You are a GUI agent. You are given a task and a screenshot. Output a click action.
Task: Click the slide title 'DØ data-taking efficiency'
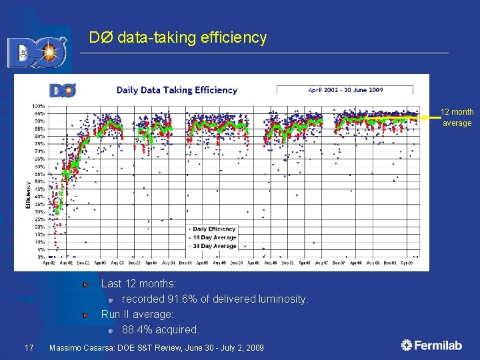[x=178, y=38]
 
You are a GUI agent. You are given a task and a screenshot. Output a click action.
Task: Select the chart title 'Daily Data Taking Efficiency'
[x=177, y=90]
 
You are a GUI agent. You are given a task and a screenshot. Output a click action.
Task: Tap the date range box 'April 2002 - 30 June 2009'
[x=344, y=89]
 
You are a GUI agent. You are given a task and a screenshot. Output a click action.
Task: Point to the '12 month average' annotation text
[x=457, y=117]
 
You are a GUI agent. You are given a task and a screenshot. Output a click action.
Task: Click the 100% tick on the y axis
[x=39, y=106]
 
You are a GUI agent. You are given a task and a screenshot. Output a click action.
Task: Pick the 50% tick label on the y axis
[x=39, y=181]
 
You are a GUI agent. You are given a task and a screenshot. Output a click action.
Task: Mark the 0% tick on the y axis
[x=41, y=257]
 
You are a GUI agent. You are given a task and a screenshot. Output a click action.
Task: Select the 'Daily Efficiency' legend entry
[x=214, y=229]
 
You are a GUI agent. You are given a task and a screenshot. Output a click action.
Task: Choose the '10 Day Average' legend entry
[x=214, y=237]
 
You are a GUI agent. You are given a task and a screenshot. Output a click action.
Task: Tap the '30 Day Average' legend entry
[x=214, y=246]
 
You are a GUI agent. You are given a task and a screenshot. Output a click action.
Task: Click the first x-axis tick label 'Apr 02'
[x=49, y=263]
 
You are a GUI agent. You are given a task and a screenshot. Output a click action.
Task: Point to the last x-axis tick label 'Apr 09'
[x=406, y=263]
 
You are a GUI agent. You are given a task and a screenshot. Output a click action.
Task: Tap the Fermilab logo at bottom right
[x=431, y=345]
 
